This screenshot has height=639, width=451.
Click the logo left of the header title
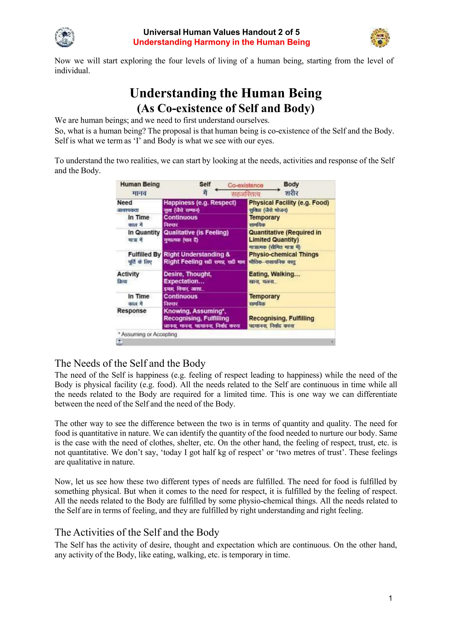[x=65, y=37]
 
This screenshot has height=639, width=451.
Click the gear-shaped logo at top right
[x=380, y=37]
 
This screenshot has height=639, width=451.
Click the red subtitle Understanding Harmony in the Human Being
[x=222, y=42]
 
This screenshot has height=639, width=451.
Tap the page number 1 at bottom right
[x=390, y=598]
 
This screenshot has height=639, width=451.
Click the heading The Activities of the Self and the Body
[x=137, y=532]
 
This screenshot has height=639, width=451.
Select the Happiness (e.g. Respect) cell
[x=200, y=203]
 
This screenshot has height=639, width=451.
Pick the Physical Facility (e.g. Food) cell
[x=289, y=203]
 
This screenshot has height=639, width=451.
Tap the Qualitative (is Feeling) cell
[x=196, y=232]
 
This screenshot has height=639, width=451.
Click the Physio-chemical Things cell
[x=283, y=254]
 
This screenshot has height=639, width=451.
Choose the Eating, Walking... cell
[x=274, y=274]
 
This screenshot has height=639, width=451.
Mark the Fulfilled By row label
[x=144, y=254]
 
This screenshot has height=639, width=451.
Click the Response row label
[x=131, y=311]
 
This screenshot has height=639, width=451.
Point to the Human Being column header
[x=140, y=185]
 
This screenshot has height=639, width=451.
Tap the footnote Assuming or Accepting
[x=149, y=334]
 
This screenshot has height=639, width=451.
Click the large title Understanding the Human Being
[x=226, y=93]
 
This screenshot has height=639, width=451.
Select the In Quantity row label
[x=144, y=232]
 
